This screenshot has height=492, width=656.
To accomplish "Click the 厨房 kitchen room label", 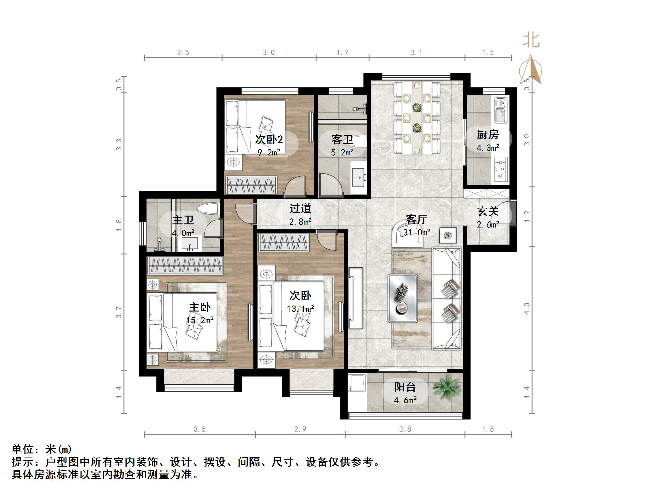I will (x=487, y=135).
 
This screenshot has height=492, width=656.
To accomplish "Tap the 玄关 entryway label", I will (x=488, y=212).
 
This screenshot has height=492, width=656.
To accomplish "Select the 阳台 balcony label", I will (x=405, y=387).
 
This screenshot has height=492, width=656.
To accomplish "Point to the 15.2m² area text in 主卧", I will (x=200, y=320).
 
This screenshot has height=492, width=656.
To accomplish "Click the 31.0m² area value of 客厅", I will (x=417, y=232).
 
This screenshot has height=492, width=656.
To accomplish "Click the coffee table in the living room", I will (x=403, y=298).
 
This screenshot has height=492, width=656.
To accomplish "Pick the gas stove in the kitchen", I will (x=501, y=170).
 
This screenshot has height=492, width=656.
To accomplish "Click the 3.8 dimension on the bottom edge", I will (x=405, y=429).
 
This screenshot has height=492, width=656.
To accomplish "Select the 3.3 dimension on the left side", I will (x=118, y=144).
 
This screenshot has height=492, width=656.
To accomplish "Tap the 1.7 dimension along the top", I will (x=342, y=52).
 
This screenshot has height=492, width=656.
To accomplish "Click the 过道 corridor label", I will (x=300, y=208).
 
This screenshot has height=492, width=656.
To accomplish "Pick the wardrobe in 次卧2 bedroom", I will (x=252, y=185).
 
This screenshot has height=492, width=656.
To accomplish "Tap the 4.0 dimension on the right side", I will (x=527, y=308).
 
